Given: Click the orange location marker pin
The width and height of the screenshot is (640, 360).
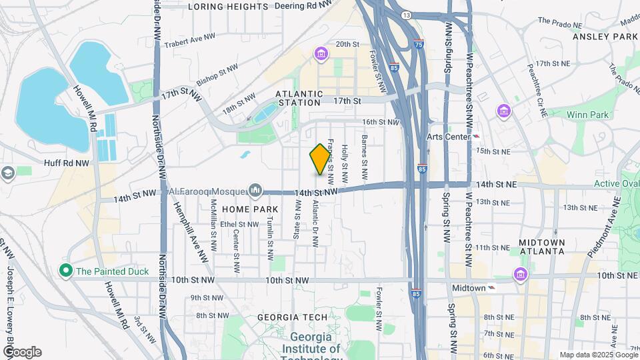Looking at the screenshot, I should coord(321,159).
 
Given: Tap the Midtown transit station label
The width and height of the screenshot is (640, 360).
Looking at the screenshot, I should coord(469,288).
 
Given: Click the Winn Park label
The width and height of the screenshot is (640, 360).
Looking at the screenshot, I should coord(587,115).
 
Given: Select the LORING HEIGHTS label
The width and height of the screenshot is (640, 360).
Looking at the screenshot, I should coord(228,7).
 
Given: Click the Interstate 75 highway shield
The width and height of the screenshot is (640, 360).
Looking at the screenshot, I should coord(418,44).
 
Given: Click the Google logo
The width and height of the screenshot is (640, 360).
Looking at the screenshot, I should coord(21,352).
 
